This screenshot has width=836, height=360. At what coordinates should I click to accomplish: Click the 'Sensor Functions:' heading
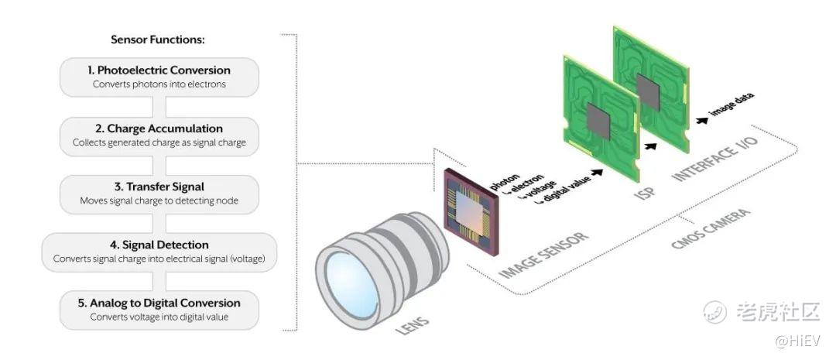click(158, 39)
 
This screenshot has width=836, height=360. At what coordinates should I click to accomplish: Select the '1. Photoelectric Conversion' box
click(159, 77)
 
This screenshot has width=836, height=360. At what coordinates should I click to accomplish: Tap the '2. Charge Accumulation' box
click(159, 136)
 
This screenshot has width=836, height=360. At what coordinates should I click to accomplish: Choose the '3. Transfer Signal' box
click(159, 194)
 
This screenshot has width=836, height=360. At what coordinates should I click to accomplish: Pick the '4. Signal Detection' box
click(159, 252)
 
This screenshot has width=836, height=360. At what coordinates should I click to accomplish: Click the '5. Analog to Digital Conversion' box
click(159, 310)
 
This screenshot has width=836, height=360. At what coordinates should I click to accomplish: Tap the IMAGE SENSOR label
click(543, 255)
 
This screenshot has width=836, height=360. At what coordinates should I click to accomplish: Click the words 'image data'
click(731, 105)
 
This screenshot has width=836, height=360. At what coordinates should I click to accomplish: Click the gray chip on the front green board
click(598, 122)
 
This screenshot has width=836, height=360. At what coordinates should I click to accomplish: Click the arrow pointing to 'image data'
click(701, 121)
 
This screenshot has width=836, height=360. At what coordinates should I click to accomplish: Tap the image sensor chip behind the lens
click(471, 212)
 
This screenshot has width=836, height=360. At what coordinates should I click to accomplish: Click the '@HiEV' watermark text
click(797, 341)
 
